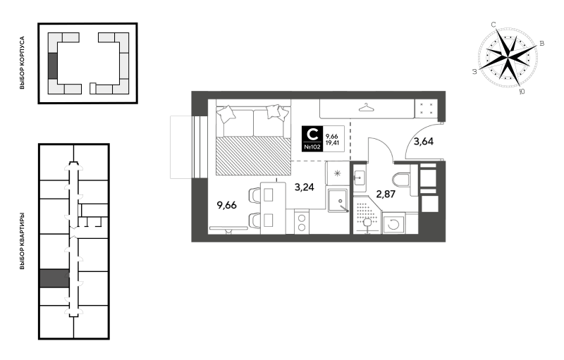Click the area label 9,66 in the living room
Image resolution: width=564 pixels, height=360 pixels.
[226, 205]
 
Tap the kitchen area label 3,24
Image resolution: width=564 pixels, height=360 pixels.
[305, 187]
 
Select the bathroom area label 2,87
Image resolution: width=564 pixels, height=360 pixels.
[386, 194]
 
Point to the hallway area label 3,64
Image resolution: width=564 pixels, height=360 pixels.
[424, 141]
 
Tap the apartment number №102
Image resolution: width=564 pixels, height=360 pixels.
[312, 147]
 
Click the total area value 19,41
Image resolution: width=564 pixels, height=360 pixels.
[332, 142]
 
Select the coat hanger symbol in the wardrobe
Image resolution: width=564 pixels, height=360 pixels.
[366, 107]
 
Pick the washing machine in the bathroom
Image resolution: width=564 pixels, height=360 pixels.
[393, 224]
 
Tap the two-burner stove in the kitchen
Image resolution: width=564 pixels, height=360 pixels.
[302, 222]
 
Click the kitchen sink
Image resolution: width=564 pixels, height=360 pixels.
[338, 201]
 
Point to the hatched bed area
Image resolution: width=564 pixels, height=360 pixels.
[254, 156]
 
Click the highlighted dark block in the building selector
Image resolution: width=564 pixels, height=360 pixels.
[52, 66]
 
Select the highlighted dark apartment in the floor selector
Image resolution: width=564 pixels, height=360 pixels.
[54, 278]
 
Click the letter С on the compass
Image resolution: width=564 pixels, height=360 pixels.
[493, 25]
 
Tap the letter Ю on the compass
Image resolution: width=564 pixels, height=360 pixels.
[522, 92]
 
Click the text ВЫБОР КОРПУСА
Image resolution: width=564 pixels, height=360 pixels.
[23, 63]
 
